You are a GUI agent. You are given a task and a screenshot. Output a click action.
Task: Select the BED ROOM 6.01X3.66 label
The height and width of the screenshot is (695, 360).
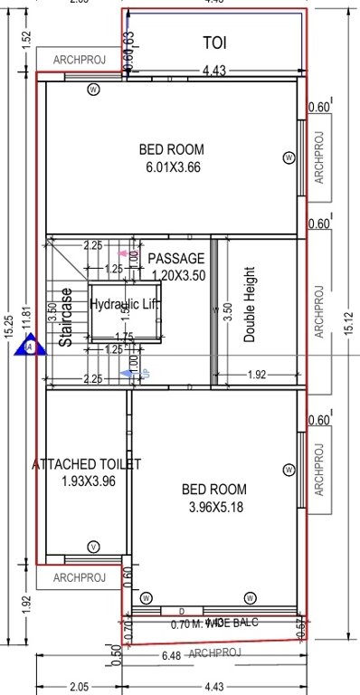tap(172, 157)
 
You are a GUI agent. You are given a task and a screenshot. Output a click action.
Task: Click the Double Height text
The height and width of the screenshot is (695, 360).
tap(251, 304)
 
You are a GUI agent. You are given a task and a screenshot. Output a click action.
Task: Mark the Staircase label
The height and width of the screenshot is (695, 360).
tap(66, 318)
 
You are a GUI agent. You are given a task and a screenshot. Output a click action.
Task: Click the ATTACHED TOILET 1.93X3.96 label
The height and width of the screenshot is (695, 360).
tap(87, 471)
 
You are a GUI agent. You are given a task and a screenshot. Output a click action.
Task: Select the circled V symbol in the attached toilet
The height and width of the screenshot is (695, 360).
tap(92, 547)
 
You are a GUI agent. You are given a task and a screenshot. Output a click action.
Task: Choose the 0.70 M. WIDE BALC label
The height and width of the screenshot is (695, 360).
tap(215, 624)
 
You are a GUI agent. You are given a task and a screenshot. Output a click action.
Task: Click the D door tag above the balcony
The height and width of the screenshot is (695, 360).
tap(182, 612)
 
